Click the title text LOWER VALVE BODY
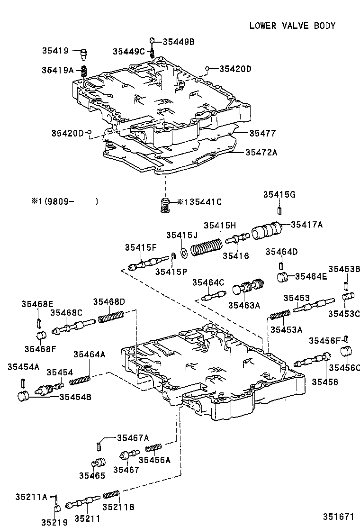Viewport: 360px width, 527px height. pyautogui.click(x=292, y=26)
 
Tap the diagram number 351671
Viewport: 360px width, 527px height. pyautogui.click(x=339, y=517)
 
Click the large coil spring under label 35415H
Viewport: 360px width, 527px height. pyautogui.click(x=207, y=247)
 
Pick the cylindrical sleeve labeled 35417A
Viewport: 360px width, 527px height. pyautogui.click(x=266, y=232)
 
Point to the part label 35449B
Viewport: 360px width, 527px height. pyautogui.click(x=179, y=42)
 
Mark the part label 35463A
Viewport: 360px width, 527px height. pyautogui.click(x=244, y=306)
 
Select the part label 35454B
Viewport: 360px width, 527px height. pyautogui.click(x=75, y=397)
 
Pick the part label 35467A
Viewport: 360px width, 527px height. pyautogui.click(x=133, y=437)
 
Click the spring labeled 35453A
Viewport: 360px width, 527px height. pyautogui.click(x=280, y=314)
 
